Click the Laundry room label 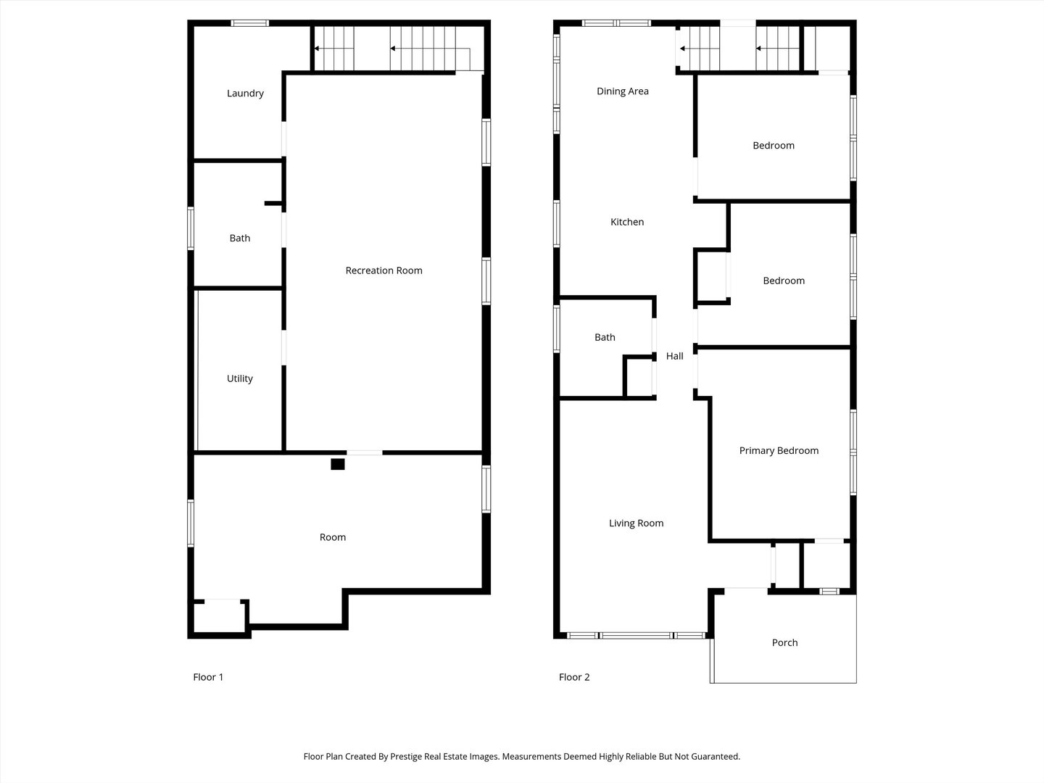click(x=245, y=94)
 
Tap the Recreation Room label click(x=384, y=270)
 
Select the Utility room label click(x=239, y=378)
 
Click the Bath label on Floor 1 click(x=239, y=238)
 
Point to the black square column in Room click(x=337, y=464)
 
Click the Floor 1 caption click(x=208, y=677)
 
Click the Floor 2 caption click(x=574, y=677)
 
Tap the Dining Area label click(x=622, y=91)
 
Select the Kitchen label click(x=626, y=222)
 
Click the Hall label click(x=674, y=356)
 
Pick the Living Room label click(x=636, y=523)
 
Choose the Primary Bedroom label click(x=779, y=450)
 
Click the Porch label click(x=784, y=642)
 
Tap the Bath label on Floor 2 click(x=605, y=337)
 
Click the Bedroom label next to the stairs click(x=773, y=146)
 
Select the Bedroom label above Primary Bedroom click(x=783, y=281)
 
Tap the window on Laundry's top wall click(x=249, y=23)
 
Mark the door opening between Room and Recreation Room click(x=364, y=452)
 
